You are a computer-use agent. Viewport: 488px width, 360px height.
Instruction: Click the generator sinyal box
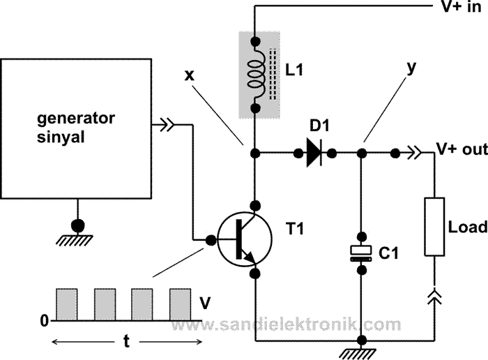click(76, 126)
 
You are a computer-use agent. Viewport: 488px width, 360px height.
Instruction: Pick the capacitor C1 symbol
click(360, 253)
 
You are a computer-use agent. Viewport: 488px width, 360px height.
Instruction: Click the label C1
click(388, 253)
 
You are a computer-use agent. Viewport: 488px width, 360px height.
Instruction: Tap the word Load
click(467, 227)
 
